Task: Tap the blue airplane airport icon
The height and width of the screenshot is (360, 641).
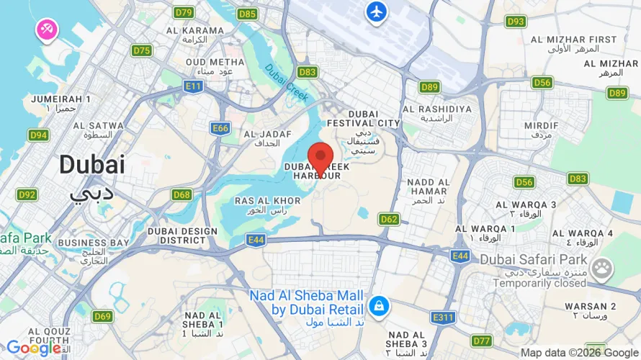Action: [376, 12]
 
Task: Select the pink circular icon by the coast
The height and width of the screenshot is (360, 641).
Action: [49, 29]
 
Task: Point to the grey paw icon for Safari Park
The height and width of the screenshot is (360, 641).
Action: [601, 270]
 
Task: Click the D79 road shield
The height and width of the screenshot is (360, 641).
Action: [184, 12]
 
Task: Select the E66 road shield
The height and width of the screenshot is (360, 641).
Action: [220, 128]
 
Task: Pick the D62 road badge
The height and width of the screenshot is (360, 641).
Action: [389, 219]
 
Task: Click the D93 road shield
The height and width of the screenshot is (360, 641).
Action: [516, 22]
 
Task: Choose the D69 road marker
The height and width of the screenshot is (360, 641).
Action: [102, 316]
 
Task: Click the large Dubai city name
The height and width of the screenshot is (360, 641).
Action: [91, 164]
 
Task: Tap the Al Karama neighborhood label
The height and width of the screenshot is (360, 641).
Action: [195, 30]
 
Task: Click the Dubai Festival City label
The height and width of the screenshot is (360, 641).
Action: [373, 123]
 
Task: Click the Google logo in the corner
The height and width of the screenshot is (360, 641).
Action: [33, 348]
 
